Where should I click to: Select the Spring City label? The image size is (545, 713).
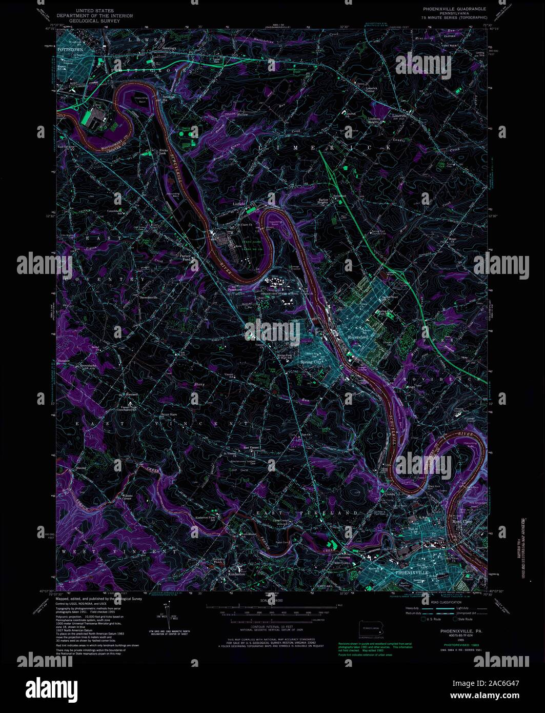point(312,362)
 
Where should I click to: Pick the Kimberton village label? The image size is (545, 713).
point(236,574)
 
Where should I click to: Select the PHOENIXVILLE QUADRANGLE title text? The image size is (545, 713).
point(454,9)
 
